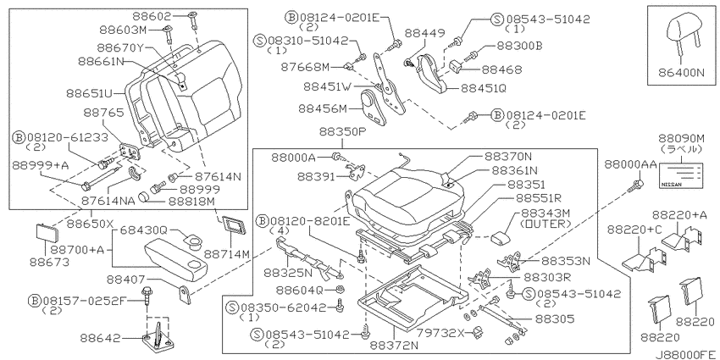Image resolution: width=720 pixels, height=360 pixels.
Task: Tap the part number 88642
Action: (101, 337)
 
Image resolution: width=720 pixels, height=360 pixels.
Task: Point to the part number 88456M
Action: (322, 108)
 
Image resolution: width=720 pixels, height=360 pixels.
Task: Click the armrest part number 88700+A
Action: (78, 251)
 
